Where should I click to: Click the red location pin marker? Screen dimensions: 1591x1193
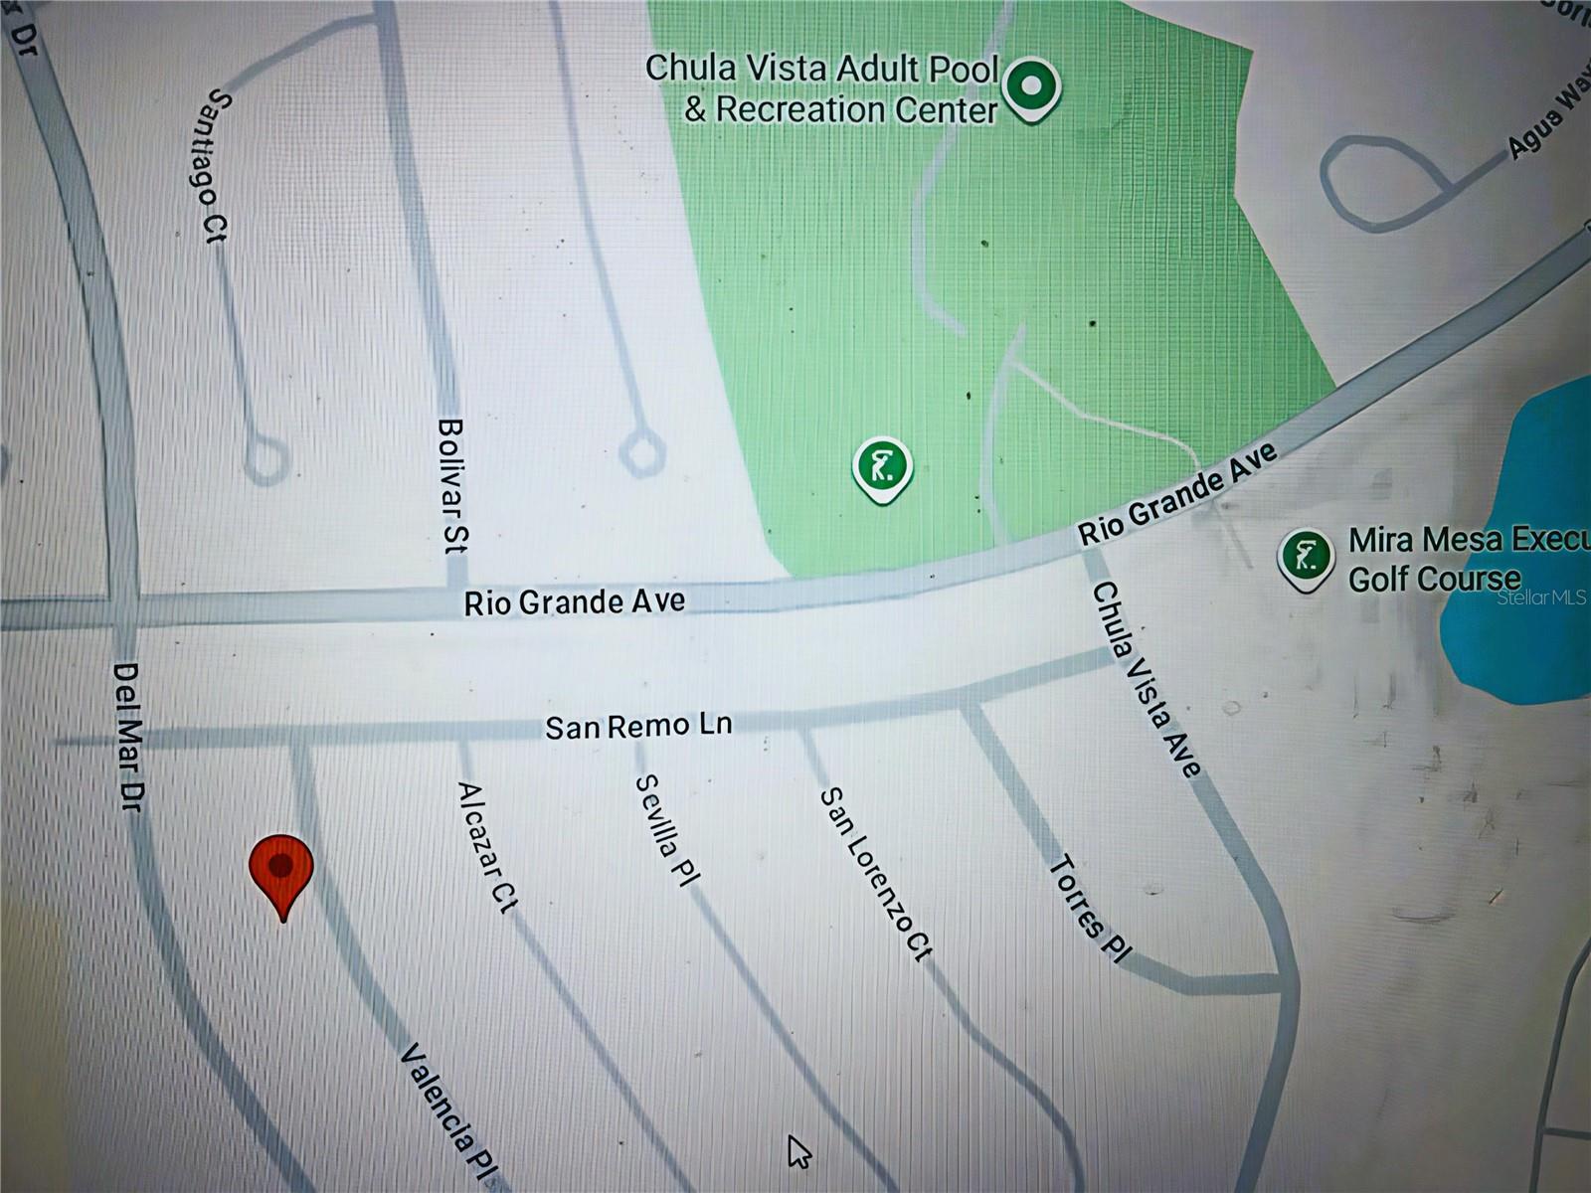(x=282, y=870)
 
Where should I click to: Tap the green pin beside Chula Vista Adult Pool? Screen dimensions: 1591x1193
(x=1032, y=86)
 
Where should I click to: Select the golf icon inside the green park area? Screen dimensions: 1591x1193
(x=882, y=467)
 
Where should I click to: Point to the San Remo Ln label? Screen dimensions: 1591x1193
(x=638, y=726)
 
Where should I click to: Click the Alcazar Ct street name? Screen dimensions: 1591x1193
(x=487, y=847)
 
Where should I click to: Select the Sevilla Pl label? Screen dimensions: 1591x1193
(x=666, y=829)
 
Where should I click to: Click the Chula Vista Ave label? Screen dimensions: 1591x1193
(x=1147, y=679)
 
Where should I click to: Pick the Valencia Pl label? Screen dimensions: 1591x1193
(x=447, y=1111)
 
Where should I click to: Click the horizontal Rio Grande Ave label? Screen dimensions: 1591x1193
(x=575, y=602)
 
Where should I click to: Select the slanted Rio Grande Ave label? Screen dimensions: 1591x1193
(x=1177, y=494)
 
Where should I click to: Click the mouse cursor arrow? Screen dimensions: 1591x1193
(x=798, y=1152)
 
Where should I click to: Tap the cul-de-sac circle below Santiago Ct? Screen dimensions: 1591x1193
(x=265, y=460)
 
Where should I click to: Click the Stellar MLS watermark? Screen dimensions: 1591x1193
(x=1540, y=597)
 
